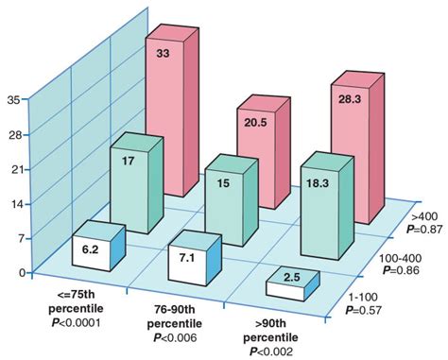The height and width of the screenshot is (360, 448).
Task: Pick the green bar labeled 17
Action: click(129, 184)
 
